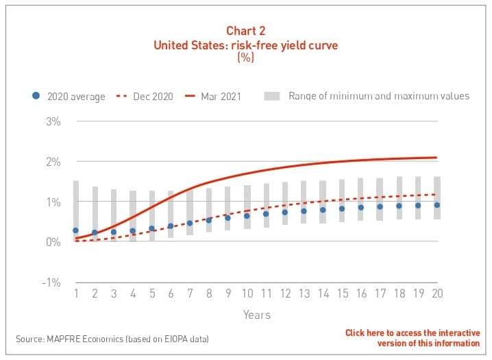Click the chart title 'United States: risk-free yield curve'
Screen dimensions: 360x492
coord(245,46)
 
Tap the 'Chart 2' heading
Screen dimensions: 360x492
coord(245,32)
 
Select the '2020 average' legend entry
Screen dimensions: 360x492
coord(69,96)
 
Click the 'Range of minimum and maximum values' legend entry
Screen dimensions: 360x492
coord(367,96)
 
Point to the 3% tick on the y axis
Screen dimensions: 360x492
coord(53,122)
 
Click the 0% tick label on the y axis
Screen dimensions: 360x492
coord(53,242)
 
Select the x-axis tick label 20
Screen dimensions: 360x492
coord(436,293)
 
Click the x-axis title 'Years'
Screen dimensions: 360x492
coord(256,315)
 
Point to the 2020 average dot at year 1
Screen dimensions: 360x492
coord(75,230)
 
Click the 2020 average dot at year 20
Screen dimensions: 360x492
coord(436,204)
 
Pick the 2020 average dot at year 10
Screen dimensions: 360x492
coord(247,216)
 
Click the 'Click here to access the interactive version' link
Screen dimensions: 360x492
coord(413,338)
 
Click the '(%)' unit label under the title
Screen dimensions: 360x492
coord(245,59)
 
